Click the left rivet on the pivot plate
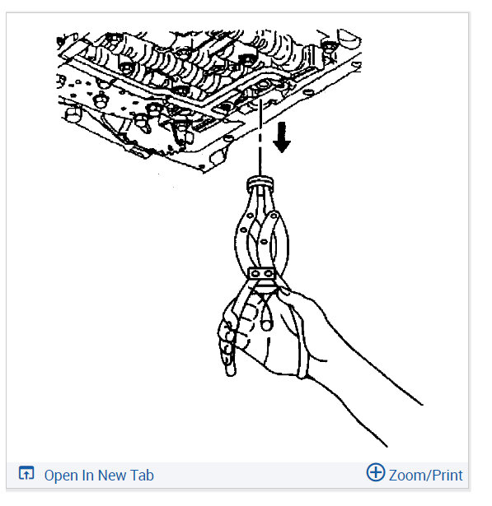pos(255,274)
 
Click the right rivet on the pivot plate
pos(269,274)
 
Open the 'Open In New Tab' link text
pos(98,475)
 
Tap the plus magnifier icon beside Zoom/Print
pos(375,473)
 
